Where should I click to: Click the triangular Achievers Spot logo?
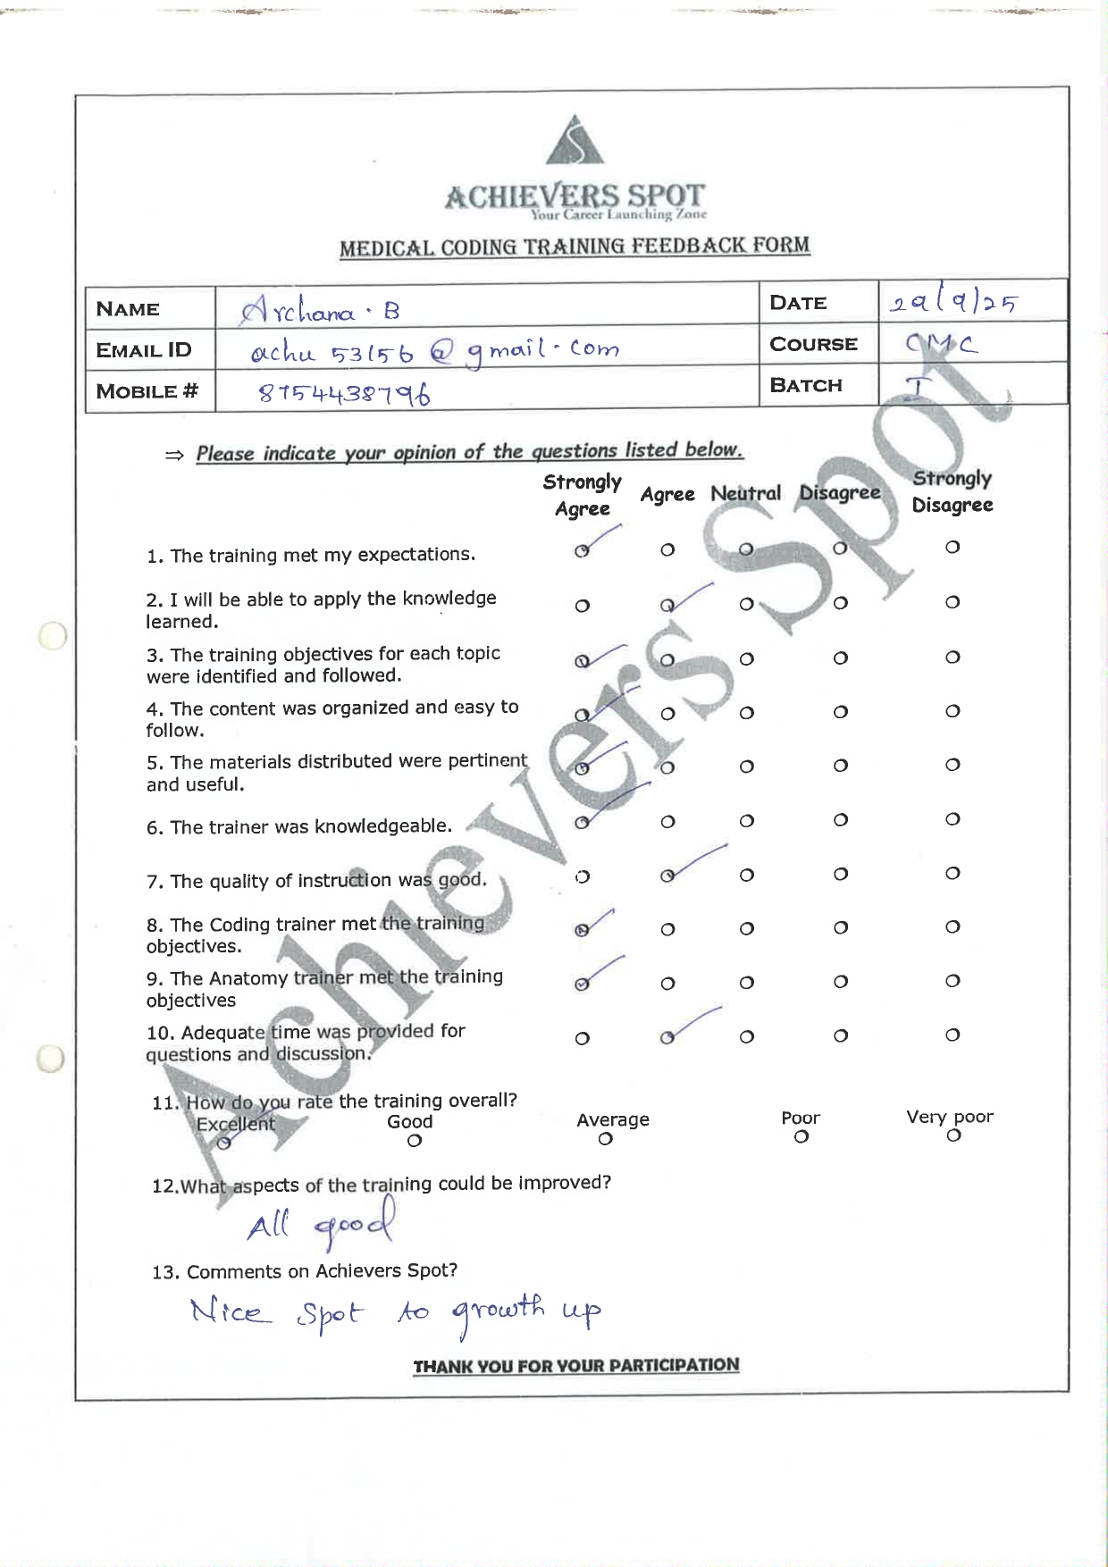pyautogui.click(x=575, y=140)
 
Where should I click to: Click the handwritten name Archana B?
pyautogui.click(x=319, y=311)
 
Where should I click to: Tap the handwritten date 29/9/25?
pyautogui.click(x=953, y=302)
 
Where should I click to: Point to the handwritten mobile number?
pyautogui.click(x=344, y=393)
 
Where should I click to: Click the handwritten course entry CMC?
pyautogui.click(x=941, y=344)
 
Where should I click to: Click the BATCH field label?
pyautogui.click(x=806, y=386)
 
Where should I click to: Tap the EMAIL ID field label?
pyautogui.click(x=144, y=350)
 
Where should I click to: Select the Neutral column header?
pyautogui.click(x=745, y=493)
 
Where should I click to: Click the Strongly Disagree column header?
pyautogui.click(x=953, y=491)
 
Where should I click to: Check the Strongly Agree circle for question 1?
pyautogui.click(x=582, y=550)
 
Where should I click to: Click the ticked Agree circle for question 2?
pyautogui.click(x=667, y=606)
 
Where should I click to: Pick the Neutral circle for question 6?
pyautogui.click(x=747, y=821)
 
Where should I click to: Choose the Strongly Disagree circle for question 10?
pyautogui.click(x=953, y=1035)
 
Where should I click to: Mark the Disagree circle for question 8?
pyautogui.click(x=840, y=928)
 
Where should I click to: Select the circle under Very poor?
pyautogui.click(x=953, y=1135)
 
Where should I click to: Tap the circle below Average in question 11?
pyautogui.click(x=606, y=1139)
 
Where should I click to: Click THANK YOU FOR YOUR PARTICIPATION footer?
pyautogui.click(x=575, y=1365)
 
